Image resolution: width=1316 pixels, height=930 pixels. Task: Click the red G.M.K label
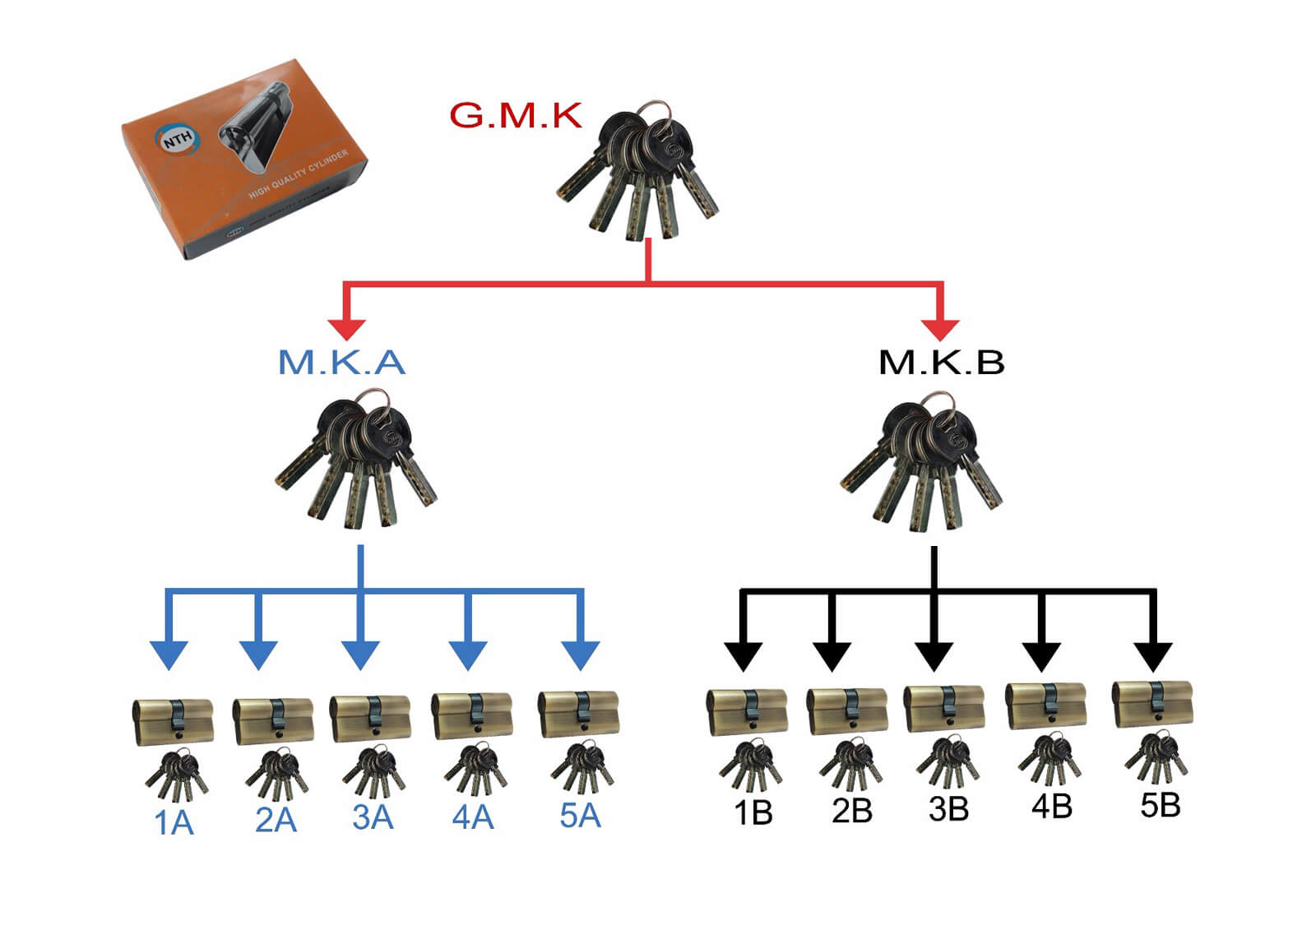click(x=516, y=116)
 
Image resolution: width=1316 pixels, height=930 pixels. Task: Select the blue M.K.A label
click(x=341, y=363)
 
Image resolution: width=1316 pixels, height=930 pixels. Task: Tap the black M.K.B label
click(x=942, y=363)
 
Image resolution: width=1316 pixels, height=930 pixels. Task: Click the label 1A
click(x=174, y=823)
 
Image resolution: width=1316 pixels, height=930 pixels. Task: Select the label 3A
click(x=373, y=818)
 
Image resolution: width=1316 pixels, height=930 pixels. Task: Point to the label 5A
click(x=580, y=816)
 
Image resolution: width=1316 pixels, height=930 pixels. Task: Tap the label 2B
click(x=851, y=812)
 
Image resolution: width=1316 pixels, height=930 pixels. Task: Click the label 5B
click(x=1160, y=805)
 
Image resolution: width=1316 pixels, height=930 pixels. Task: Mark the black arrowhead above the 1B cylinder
click(x=743, y=655)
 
